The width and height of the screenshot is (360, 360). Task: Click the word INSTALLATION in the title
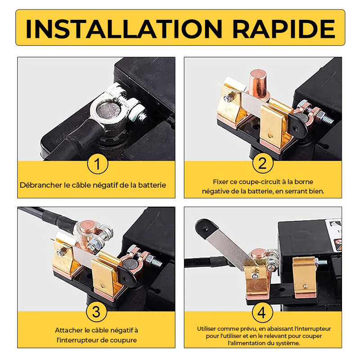pyautogui.click(x=124, y=29)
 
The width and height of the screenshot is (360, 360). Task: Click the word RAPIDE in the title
pyautogui.click(x=284, y=29)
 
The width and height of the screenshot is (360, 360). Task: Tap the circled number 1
pyautogui.click(x=98, y=164)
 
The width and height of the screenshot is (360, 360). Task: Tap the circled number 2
pyautogui.click(x=263, y=163)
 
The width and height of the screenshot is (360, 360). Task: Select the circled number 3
pyautogui.click(x=96, y=311)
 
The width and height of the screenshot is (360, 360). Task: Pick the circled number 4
pyautogui.click(x=262, y=312)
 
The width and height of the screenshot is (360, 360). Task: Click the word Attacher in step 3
pyautogui.click(x=69, y=330)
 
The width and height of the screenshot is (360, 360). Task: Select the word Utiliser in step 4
pyautogui.click(x=207, y=329)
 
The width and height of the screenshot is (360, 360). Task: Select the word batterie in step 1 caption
pyautogui.click(x=152, y=185)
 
